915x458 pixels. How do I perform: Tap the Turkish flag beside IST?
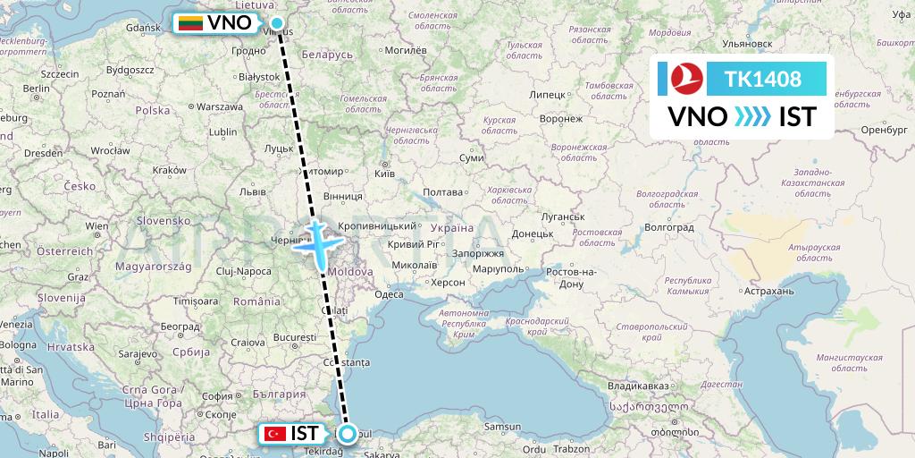click(x=274, y=434)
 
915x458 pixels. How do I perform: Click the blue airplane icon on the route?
click(x=320, y=239)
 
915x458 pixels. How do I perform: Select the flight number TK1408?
click(x=764, y=79)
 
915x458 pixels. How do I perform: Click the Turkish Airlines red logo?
click(x=685, y=79)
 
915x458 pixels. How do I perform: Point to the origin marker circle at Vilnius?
click(x=277, y=23)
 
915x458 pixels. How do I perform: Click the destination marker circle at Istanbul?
click(x=347, y=434)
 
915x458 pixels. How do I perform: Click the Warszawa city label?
click(x=221, y=106)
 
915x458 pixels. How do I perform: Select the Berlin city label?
click(x=36, y=89)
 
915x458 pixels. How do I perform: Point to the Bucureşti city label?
click(x=297, y=337)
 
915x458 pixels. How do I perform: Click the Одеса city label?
click(x=390, y=293)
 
